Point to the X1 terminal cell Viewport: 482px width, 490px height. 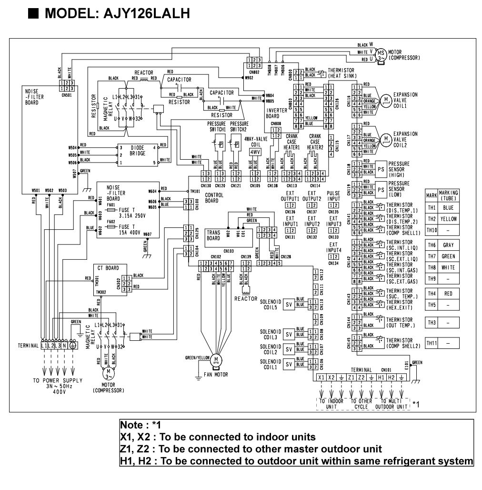(321, 377)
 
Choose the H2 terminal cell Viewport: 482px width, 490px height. (391, 377)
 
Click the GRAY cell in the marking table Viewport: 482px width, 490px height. (448, 245)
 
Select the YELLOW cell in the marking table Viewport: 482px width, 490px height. (448, 219)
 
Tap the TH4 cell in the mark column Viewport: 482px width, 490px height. (432, 294)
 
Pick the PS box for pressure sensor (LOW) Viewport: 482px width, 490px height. (381, 189)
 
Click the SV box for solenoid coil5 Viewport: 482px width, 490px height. (288, 304)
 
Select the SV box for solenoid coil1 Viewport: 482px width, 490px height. (288, 364)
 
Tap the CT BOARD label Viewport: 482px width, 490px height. (104, 267)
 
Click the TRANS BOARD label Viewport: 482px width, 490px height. (214, 235)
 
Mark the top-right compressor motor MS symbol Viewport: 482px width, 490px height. (382, 53)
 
